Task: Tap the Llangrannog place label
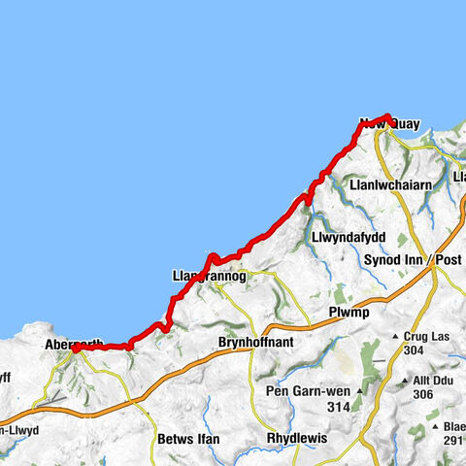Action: pyautogui.click(x=209, y=276)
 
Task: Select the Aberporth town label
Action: pyautogui.click(x=72, y=345)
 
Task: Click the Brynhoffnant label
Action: pyautogui.click(x=257, y=343)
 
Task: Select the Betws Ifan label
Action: pyautogui.click(x=187, y=440)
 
